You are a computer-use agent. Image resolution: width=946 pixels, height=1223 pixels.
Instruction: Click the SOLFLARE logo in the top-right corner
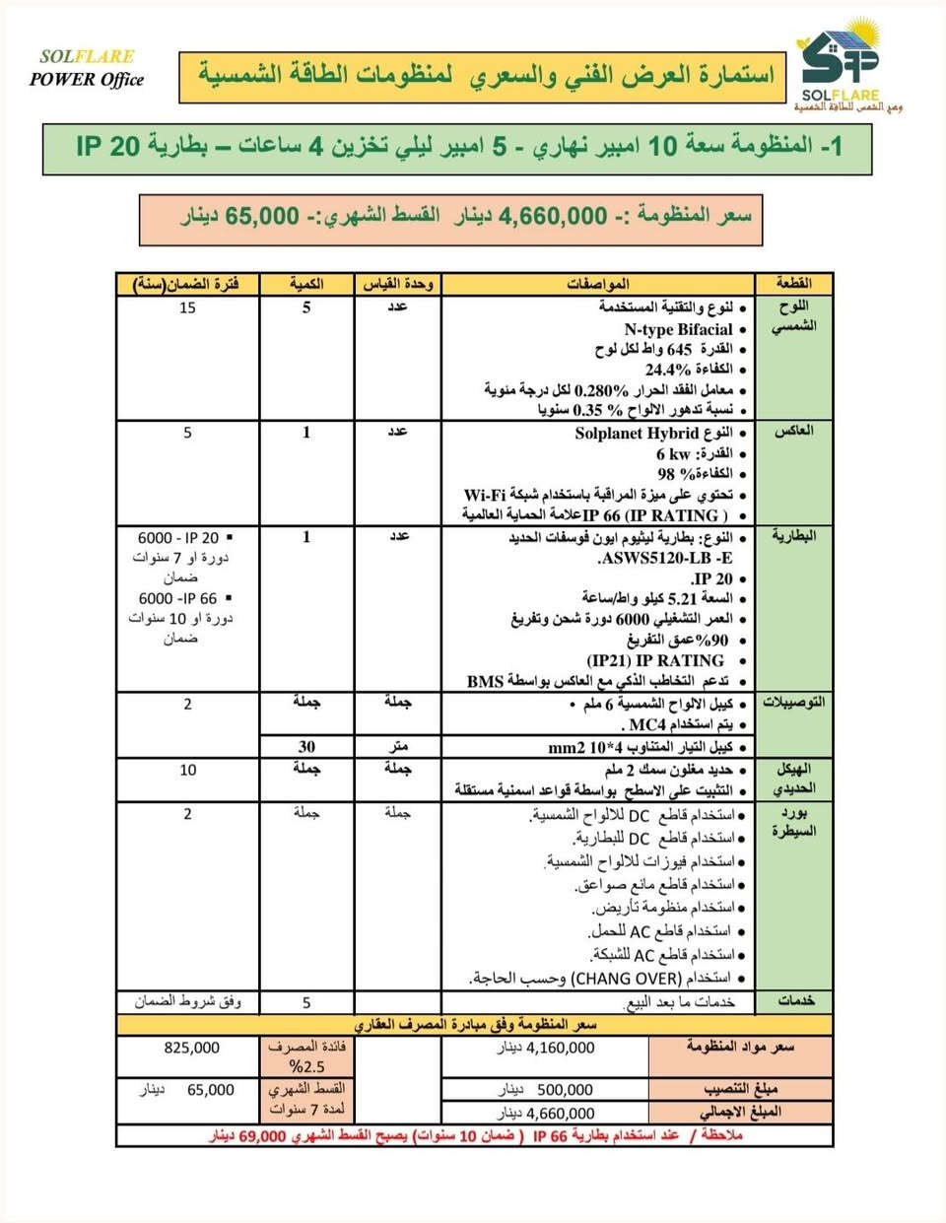click(843, 69)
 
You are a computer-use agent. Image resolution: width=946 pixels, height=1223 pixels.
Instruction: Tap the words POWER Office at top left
click(87, 80)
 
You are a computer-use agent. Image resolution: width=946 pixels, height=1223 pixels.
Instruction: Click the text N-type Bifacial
click(678, 329)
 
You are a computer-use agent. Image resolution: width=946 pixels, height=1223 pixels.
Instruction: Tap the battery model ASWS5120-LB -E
click(665, 558)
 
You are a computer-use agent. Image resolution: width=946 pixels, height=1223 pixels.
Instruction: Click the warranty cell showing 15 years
click(187, 307)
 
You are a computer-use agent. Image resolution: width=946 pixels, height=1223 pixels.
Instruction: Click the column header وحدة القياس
click(397, 284)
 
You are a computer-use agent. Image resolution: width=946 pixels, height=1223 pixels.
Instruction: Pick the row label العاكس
click(794, 431)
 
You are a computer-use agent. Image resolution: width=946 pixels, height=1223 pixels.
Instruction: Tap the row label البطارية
click(793, 536)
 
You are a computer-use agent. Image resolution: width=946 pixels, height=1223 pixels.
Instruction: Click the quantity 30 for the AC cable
click(306, 746)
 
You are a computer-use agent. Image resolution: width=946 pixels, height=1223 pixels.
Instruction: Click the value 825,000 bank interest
click(191, 1048)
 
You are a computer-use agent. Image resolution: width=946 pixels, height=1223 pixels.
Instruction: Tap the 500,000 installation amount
click(565, 1090)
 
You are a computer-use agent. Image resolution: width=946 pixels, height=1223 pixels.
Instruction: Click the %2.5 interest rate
click(306, 1066)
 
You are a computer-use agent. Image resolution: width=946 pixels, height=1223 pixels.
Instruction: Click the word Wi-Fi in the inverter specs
click(486, 495)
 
